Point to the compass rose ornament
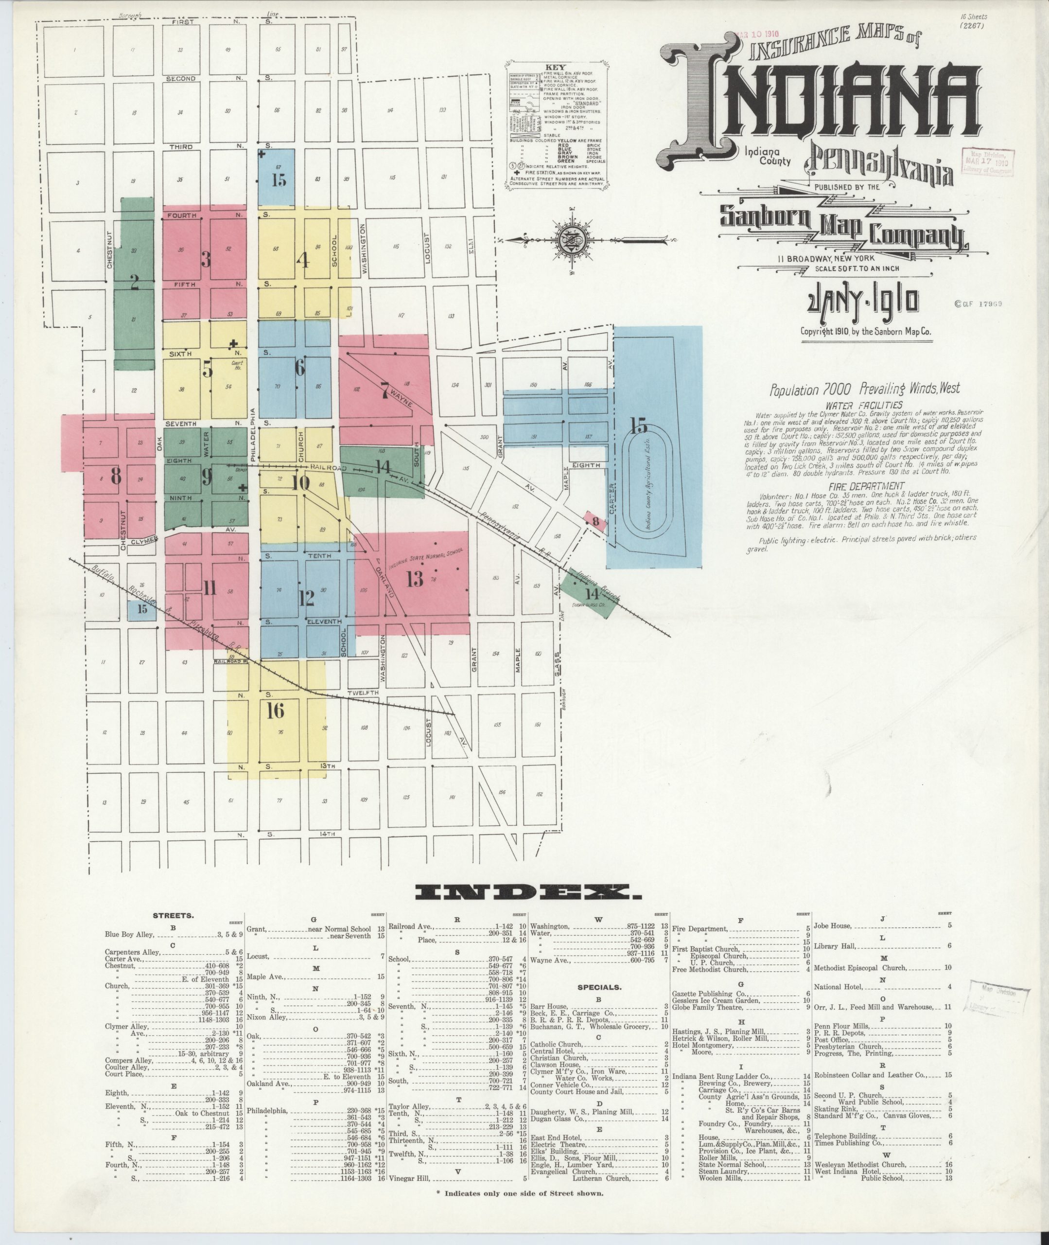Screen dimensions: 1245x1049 [571, 240]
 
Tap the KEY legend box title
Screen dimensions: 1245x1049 [559, 67]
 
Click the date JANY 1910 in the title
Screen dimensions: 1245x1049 [862, 302]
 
